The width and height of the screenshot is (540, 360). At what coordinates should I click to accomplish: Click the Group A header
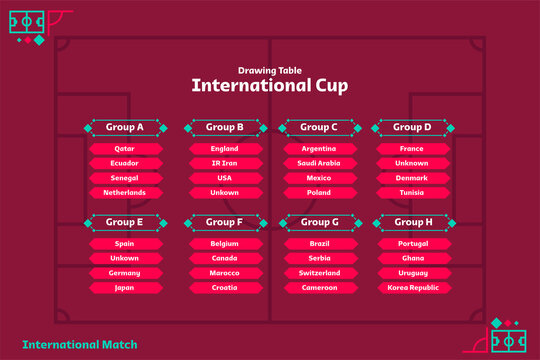(x=125, y=127)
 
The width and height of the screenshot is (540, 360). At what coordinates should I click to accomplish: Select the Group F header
(x=225, y=221)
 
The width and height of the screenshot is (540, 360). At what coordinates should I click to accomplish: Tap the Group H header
(x=412, y=221)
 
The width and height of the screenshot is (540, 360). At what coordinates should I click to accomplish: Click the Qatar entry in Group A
(x=125, y=149)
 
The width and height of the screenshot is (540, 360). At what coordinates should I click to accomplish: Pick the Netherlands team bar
(x=125, y=192)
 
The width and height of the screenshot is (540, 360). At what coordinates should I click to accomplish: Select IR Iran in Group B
(x=225, y=163)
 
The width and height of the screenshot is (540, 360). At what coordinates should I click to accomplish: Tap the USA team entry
(x=225, y=178)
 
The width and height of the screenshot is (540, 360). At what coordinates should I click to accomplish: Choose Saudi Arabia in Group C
(x=320, y=163)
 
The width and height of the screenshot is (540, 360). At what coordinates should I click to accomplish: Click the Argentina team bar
(x=320, y=149)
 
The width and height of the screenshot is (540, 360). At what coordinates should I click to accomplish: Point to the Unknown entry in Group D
(x=412, y=163)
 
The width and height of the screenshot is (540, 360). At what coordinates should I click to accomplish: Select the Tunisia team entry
(x=412, y=192)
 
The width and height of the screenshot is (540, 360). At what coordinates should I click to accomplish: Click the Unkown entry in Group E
(x=125, y=258)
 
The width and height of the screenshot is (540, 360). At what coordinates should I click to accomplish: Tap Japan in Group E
(x=125, y=287)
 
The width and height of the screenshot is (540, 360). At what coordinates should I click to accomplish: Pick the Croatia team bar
(x=225, y=287)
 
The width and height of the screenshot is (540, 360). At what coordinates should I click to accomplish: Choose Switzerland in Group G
(x=320, y=272)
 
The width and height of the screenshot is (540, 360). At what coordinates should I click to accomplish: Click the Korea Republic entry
(x=412, y=287)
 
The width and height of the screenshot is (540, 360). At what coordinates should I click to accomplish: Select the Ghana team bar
(x=412, y=258)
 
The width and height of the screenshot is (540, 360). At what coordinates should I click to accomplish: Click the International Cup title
(x=270, y=86)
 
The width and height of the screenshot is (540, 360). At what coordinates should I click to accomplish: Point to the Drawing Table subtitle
(x=270, y=69)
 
